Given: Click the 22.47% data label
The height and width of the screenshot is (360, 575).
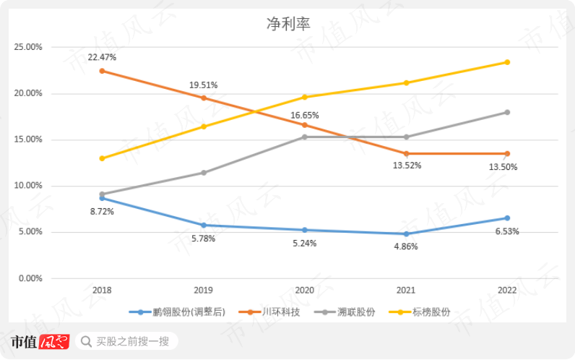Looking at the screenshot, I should (102, 57).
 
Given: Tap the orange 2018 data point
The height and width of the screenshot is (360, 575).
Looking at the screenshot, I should (102, 71).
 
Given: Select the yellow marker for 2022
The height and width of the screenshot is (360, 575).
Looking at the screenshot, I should (507, 62).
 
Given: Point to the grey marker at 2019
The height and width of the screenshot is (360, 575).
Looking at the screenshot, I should (203, 173).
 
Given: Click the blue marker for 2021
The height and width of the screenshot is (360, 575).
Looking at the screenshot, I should (406, 233).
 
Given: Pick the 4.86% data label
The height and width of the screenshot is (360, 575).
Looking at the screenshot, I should (406, 247).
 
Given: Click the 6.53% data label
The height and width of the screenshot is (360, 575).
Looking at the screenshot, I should (506, 231).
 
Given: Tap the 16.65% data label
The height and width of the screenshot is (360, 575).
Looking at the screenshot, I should (304, 115).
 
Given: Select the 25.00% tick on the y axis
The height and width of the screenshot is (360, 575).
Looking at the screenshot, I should (28, 47).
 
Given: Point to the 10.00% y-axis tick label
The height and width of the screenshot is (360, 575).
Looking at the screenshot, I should (28, 186).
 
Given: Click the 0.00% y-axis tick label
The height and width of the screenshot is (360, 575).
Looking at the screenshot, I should (30, 278).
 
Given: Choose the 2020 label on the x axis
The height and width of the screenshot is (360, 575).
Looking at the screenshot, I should (304, 289).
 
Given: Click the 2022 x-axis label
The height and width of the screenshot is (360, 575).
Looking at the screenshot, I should (507, 289).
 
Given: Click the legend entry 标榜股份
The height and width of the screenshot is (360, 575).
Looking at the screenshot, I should (432, 312).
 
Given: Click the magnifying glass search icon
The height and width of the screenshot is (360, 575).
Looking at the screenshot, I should (87, 341).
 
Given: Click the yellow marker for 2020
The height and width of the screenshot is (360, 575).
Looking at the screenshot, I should (304, 97).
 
